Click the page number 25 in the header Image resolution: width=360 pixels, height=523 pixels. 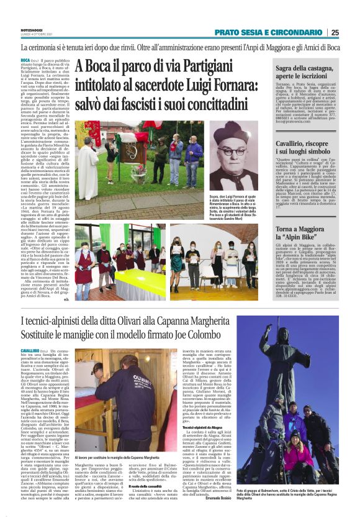click(x=352, y=32)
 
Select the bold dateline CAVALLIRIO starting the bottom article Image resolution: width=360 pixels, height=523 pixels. click(x=32, y=351)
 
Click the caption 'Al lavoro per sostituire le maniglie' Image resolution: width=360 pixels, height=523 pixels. click(x=118, y=458)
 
